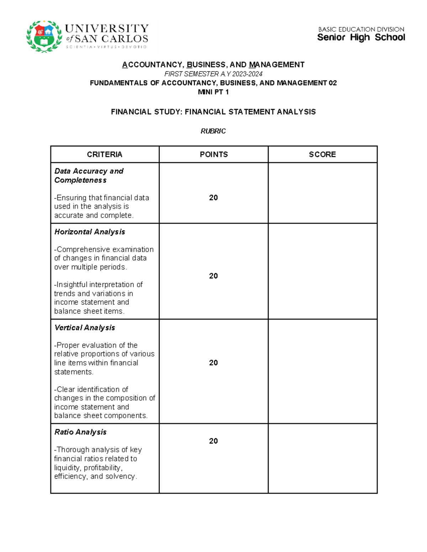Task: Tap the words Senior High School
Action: pos(361,38)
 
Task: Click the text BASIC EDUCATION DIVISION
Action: pos(361,29)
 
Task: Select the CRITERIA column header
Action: pos(105,154)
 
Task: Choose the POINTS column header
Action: pos(213,154)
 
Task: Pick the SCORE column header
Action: pos(322,154)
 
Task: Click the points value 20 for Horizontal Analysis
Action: pos(213,276)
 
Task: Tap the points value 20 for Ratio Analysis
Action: pos(213,441)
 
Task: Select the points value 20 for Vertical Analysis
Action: pos(213,363)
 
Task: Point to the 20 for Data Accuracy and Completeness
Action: pos(213,198)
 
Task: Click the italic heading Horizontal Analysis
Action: pos(90,232)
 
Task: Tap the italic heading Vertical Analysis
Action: pos(85,328)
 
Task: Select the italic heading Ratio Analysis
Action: pos(80,432)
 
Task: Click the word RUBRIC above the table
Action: pos(213,131)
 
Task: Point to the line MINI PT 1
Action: pos(213,92)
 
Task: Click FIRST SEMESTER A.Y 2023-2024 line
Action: pos(213,74)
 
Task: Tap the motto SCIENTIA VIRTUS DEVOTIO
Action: pos(106,47)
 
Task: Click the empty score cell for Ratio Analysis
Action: pos(322,458)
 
